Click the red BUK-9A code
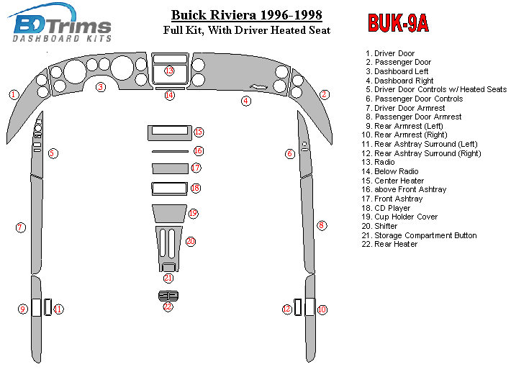398,24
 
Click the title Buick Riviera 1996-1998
246,15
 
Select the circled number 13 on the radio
169,71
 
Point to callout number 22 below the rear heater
168,307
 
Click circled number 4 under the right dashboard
246,101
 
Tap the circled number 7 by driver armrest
20,227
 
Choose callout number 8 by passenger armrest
322,226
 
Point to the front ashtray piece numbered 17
169,168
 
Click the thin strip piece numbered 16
170,152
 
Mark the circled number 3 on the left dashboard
101,87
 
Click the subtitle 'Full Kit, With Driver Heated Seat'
246,30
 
